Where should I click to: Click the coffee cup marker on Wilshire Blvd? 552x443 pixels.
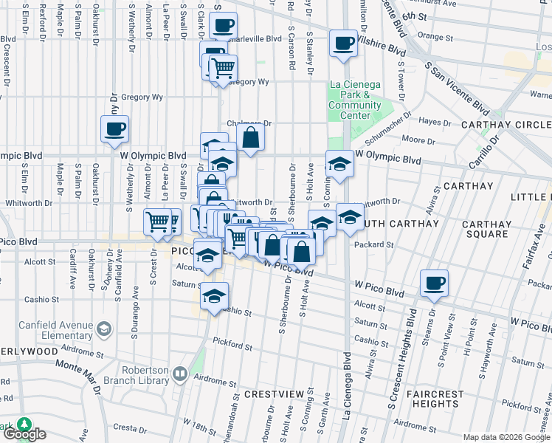(x=343, y=43)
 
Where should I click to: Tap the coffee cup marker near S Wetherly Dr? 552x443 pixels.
(x=115, y=129)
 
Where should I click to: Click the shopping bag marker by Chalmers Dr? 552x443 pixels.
(x=250, y=137)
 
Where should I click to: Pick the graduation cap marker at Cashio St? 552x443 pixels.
(x=214, y=297)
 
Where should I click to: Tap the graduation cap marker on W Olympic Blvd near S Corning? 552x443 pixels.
(x=339, y=164)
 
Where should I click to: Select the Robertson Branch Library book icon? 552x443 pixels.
(x=179, y=375)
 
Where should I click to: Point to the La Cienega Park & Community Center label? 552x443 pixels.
(x=355, y=106)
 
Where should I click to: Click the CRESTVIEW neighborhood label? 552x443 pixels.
(x=275, y=394)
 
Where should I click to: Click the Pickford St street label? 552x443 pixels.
(x=232, y=345)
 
